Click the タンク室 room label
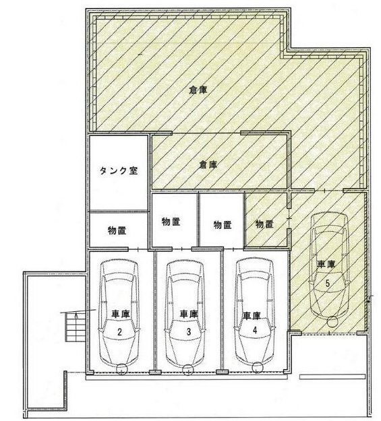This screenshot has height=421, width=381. click(x=119, y=171)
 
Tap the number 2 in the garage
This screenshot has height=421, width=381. click(x=119, y=332)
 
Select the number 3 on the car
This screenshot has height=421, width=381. click(x=189, y=332)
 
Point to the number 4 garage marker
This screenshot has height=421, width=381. click(x=255, y=329)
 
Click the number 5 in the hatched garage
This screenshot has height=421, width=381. click(x=328, y=283)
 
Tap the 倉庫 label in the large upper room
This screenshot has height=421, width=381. click(x=198, y=90)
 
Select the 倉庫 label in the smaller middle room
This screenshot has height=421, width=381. click(x=208, y=164)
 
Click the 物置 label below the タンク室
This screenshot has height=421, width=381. click(x=117, y=230)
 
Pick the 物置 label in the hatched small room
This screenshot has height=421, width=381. click(x=264, y=224)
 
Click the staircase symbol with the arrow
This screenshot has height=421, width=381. click(x=76, y=327)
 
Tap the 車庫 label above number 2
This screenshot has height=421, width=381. click(x=121, y=314)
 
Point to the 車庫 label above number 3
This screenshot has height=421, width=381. click(x=189, y=314)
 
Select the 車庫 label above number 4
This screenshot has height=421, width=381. click(x=252, y=315)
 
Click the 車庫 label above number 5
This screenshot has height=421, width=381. click(x=326, y=264)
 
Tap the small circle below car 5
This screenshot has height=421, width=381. click(x=333, y=321)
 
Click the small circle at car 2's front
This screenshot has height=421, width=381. click(x=121, y=369)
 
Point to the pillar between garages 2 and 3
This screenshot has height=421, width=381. click(x=155, y=372)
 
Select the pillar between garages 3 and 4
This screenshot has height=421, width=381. click(x=222, y=372)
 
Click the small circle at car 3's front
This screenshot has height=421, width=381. click(x=188, y=370)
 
